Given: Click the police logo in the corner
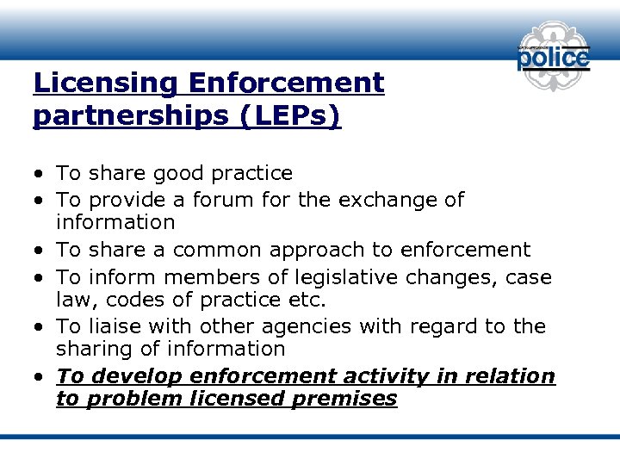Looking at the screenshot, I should (553, 58).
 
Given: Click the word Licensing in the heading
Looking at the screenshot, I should (104, 84).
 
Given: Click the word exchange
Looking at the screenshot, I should (388, 200).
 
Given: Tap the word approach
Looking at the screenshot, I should (317, 250).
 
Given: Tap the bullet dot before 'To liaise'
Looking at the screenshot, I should (40, 327).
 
